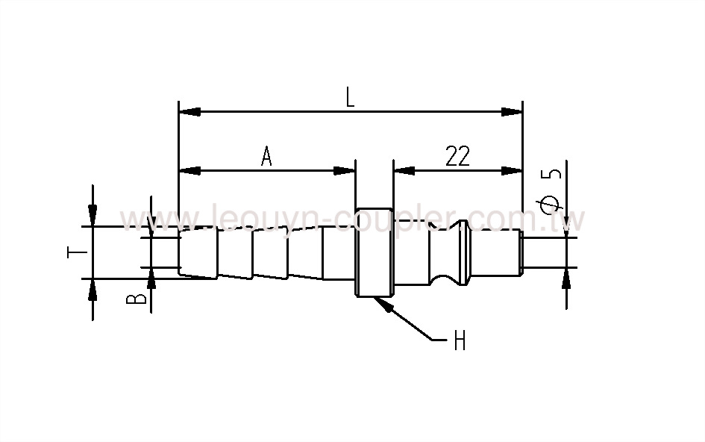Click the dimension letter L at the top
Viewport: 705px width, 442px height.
coord(349,97)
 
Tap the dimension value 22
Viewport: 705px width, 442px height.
coord(457,156)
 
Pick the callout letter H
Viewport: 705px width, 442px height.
coord(460,341)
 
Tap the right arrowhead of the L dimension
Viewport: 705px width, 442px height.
coord(511,112)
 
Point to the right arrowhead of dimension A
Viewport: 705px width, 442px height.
coord(345,171)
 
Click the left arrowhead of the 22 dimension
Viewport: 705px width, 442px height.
coord(404,171)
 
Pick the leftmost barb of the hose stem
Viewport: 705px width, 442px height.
coord(198,254)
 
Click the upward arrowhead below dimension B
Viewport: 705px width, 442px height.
coord(151,279)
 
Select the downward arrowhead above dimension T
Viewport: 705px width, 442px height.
coord(92,215)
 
